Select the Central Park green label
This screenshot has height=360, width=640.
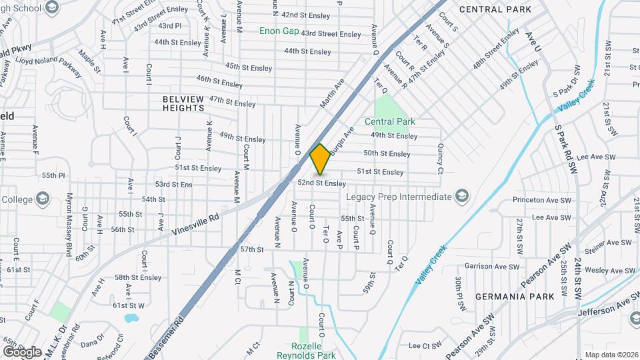[390, 121]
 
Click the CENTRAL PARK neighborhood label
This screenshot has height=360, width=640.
[495, 9]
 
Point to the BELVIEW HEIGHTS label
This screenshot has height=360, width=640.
[183, 103]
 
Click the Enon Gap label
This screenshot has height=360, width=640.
[279, 31]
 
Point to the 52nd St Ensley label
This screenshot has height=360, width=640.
[321, 183]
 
